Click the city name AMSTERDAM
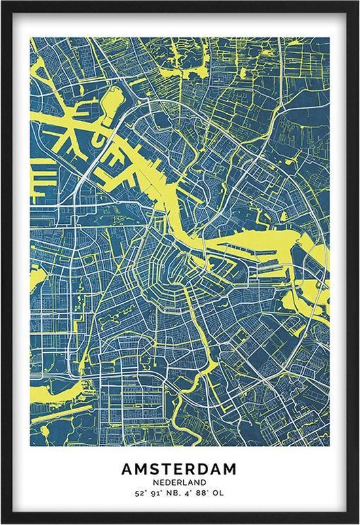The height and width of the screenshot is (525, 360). click(x=179, y=469)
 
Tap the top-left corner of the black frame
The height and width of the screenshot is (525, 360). click(x=3, y=3)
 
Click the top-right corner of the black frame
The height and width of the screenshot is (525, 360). click(x=357, y=3)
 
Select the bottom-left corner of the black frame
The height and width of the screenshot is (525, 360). click(x=3, y=522)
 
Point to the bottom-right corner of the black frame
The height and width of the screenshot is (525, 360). click(x=357, y=522)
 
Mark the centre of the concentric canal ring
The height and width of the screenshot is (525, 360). click(x=171, y=262)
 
